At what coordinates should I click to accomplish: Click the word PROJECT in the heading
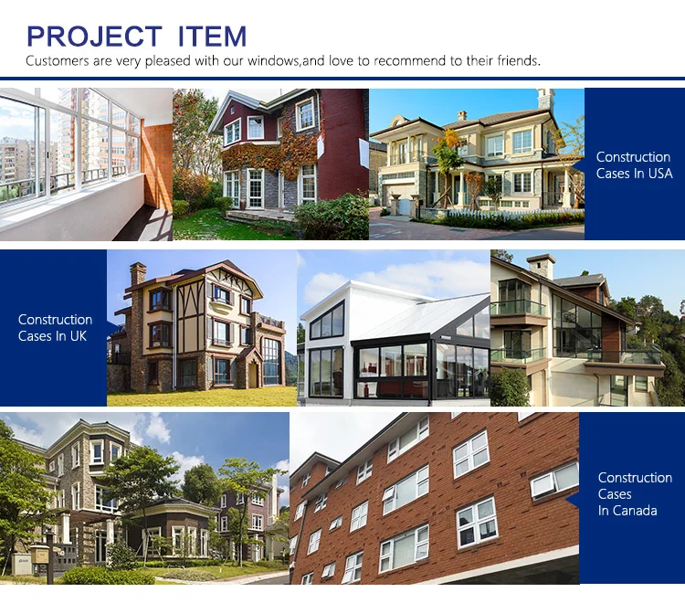tap(94, 36)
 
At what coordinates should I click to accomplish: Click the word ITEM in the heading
tap(212, 36)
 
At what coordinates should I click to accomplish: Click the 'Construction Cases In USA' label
tap(634, 165)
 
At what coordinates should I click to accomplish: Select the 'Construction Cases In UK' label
tap(55, 328)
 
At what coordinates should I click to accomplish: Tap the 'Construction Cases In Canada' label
tap(635, 493)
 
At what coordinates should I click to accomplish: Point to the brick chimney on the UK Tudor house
tap(137, 274)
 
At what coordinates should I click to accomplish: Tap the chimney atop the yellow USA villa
tap(545, 100)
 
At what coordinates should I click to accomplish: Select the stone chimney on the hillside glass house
tap(541, 267)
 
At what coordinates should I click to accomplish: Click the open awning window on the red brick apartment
tap(554, 480)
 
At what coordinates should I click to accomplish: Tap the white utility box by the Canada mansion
tap(21, 564)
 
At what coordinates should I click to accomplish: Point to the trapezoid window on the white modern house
tap(327, 322)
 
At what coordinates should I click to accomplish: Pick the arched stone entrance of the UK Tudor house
tap(248, 367)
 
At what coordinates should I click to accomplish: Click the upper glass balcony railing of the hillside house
tap(518, 307)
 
